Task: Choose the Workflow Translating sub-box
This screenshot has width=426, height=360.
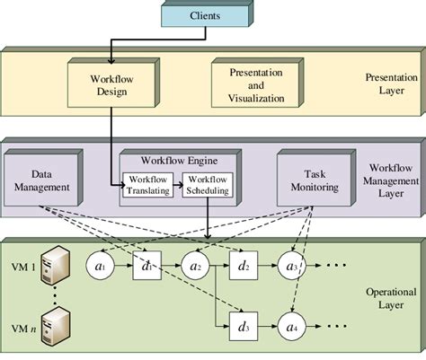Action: click(146, 184)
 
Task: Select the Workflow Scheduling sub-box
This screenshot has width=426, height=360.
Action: click(208, 184)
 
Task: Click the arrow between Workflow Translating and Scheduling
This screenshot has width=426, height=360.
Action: click(178, 185)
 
